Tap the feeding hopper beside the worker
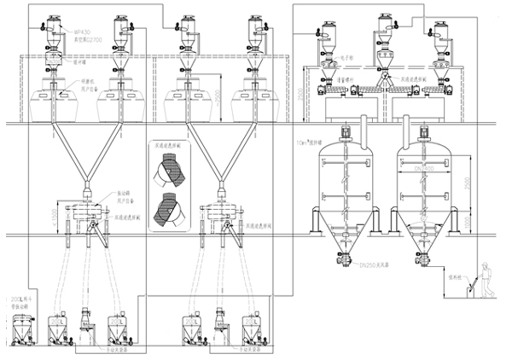coord(465,296)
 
